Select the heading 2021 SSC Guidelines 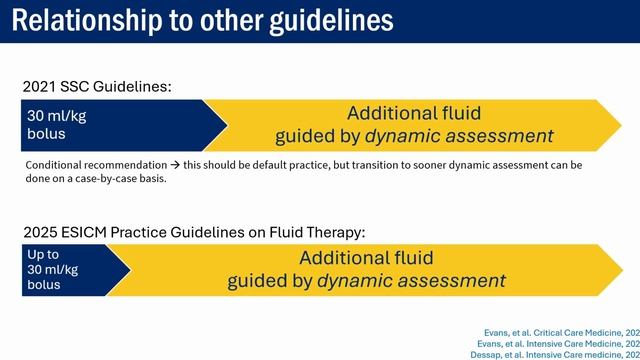[x=97, y=87]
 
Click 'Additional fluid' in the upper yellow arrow [x=414, y=114]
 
